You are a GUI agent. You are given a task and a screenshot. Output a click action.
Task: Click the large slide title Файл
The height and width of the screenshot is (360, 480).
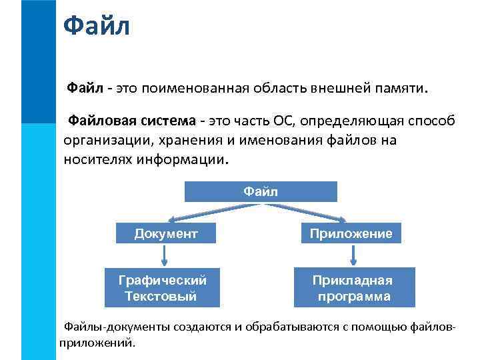(x=96, y=27)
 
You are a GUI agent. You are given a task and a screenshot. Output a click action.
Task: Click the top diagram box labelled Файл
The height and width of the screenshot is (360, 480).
(x=261, y=192)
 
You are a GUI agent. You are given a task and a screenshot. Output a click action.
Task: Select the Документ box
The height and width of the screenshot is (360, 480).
(x=166, y=233)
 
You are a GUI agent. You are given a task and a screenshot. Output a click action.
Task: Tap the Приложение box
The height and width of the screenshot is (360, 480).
(x=350, y=233)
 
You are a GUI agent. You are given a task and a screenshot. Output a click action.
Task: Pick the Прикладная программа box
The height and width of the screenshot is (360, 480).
(x=354, y=287)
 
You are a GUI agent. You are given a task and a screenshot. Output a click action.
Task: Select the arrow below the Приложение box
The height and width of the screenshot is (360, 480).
(x=354, y=255)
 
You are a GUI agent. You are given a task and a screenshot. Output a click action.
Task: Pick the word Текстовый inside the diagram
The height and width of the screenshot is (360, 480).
(x=161, y=296)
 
